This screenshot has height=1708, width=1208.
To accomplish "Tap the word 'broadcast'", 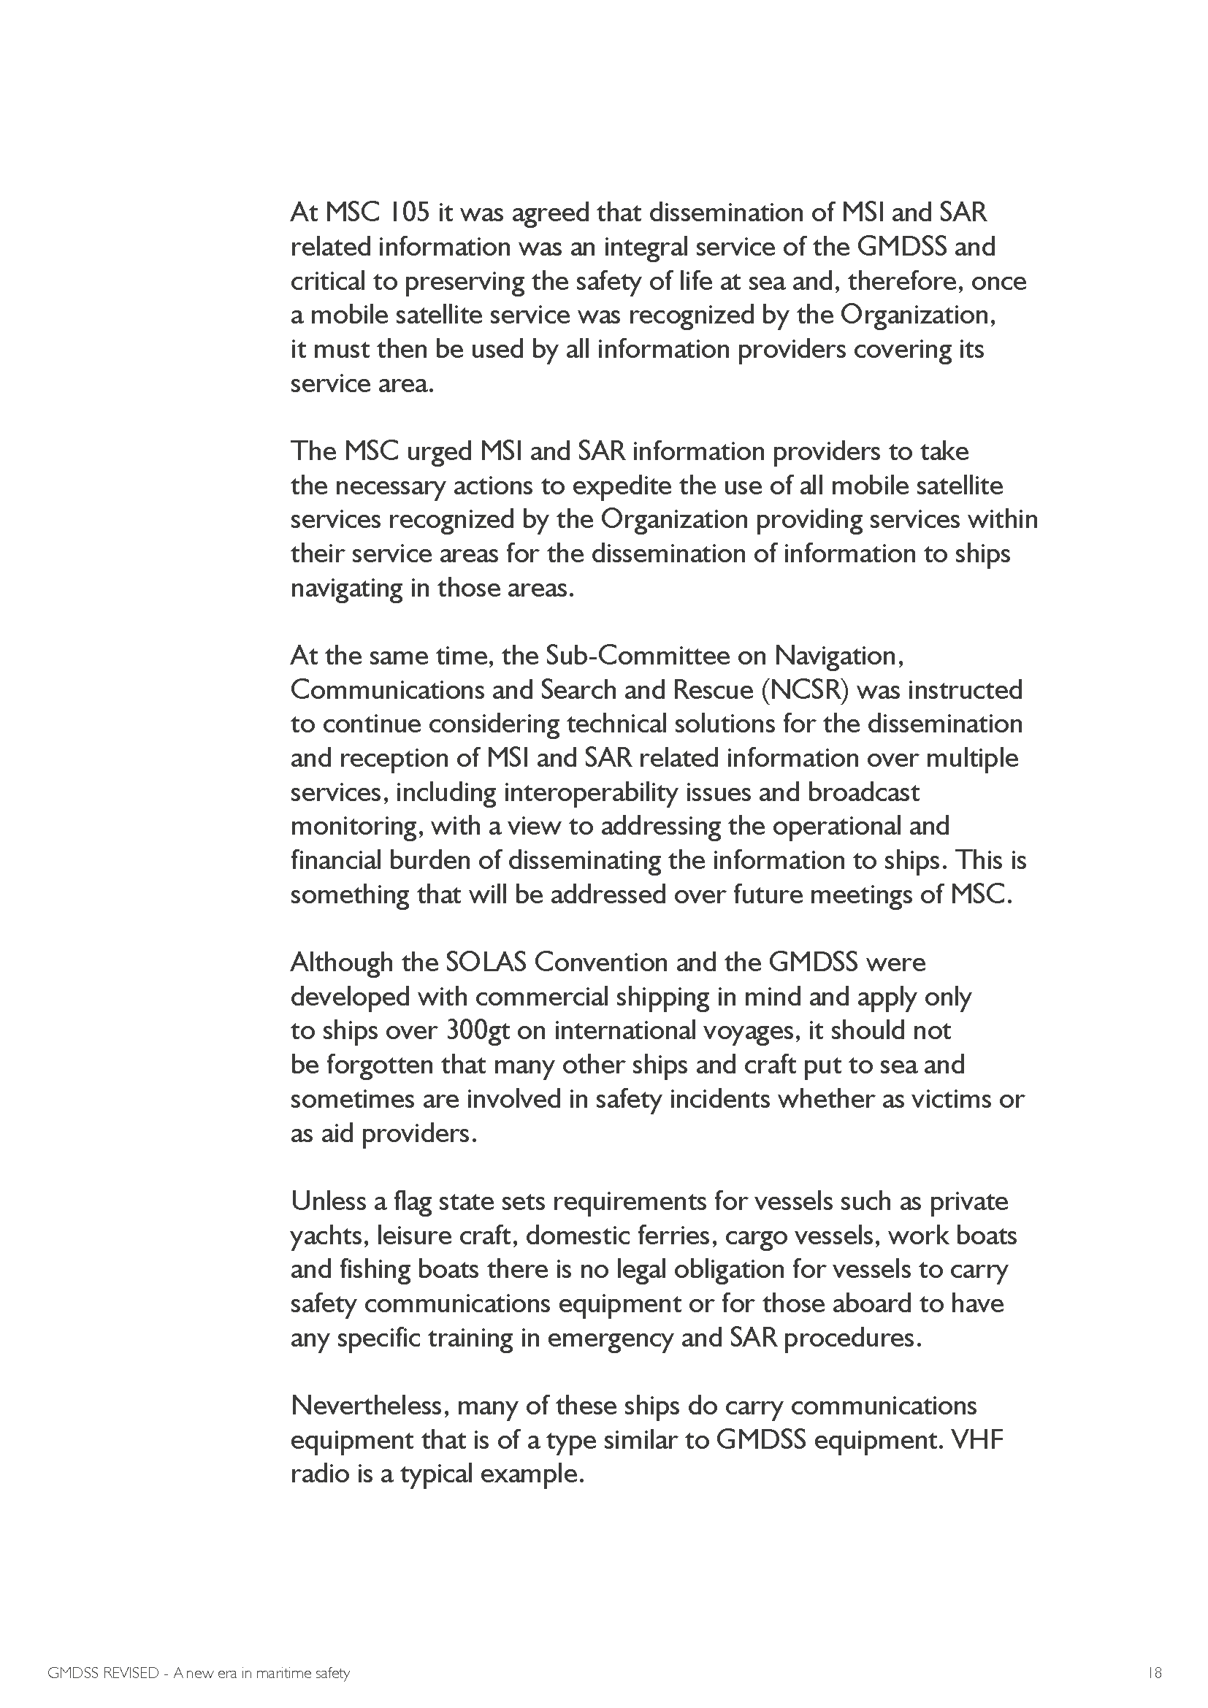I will coord(863,792).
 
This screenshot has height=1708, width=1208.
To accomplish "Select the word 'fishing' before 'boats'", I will coord(372,1269).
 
